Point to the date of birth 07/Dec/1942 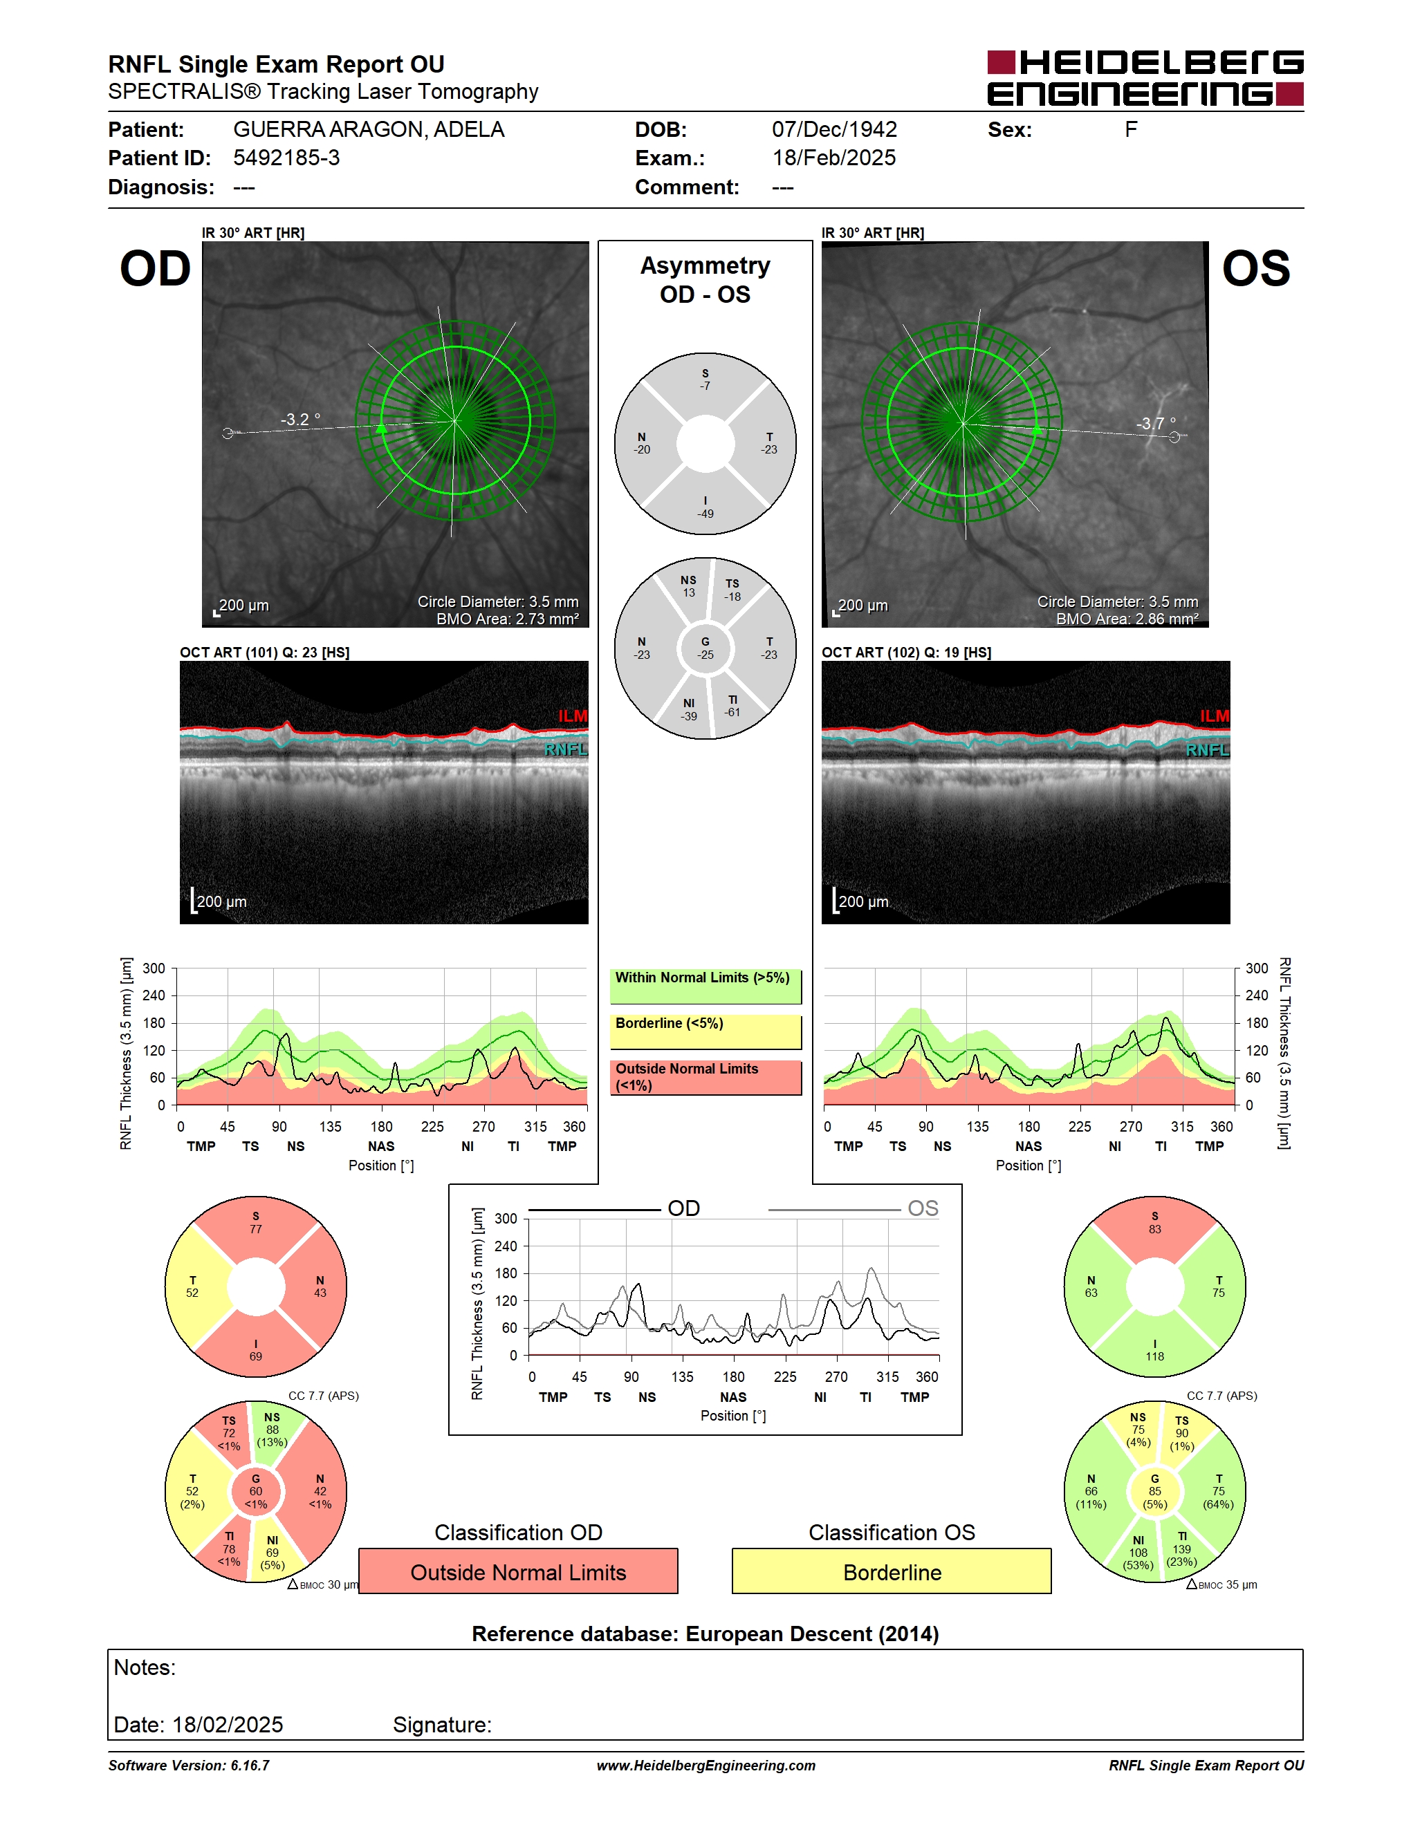pos(833,129)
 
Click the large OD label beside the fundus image pos(156,269)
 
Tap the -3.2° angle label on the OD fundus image pos(300,419)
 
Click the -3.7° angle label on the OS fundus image pos(1155,423)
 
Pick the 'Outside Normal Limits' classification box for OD pos(518,1571)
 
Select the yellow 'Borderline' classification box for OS pos(892,1571)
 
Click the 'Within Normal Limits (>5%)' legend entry pos(705,986)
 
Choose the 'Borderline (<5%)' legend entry pos(705,1032)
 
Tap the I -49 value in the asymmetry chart pos(705,507)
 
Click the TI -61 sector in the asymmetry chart pos(732,706)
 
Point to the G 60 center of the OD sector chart pos(256,1492)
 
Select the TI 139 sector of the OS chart pos(1182,1548)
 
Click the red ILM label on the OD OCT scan pos(573,716)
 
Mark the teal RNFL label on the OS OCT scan pos(1207,749)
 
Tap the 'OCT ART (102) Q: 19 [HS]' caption pos(906,652)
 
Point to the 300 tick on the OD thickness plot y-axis pos(154,968)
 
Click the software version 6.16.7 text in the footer pos(189,1765)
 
